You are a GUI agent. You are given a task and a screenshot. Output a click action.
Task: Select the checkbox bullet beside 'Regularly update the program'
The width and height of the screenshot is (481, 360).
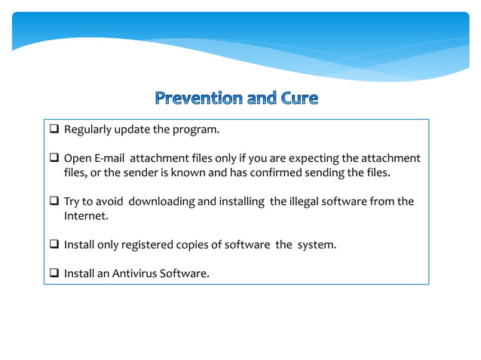(x=55, y=130)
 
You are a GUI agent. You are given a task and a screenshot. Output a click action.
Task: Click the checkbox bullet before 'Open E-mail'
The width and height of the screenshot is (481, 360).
(x=55, y=158)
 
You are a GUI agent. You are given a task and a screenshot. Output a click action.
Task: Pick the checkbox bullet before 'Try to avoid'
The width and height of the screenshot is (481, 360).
(x=55, y=202)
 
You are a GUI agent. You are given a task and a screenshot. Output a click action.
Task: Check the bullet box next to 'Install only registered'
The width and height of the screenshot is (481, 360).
(x=55, y=245)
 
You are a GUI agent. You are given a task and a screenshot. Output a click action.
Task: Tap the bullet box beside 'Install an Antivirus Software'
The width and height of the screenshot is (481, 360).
(x=55, y=273)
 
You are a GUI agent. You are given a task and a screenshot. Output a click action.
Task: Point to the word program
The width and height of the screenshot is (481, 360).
(x=196, y=130)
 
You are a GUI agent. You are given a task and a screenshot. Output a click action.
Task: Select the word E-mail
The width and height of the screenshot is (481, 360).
(x=108, y=158)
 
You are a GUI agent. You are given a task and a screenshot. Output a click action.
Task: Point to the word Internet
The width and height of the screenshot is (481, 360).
(x=81, y=216)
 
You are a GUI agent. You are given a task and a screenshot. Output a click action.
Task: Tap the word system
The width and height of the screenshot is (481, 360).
(x=316, y=245)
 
